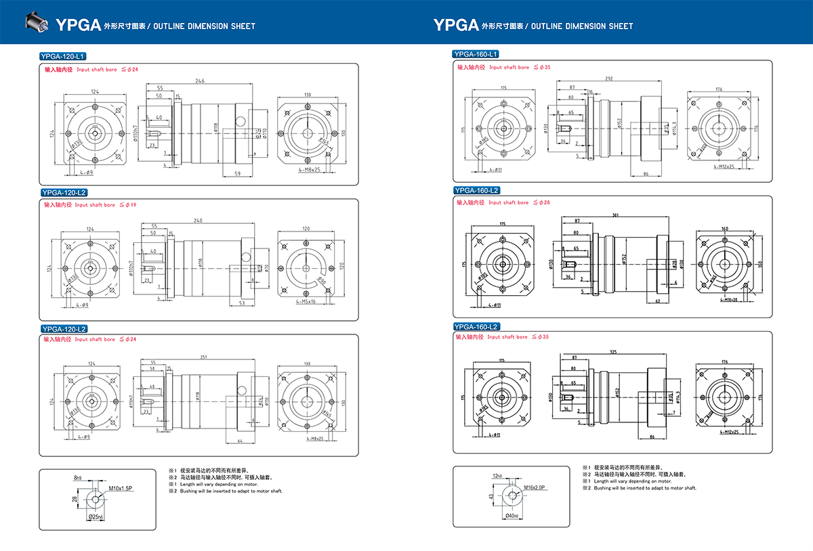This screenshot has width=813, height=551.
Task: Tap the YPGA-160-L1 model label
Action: pos(476,53)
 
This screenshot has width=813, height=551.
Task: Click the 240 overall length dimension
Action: pos(198,220)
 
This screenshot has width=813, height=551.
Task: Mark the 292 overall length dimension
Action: pos(608,79)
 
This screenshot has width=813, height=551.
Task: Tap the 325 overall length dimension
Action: pos(613,352)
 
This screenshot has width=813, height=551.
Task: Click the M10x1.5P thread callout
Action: pos(120,487)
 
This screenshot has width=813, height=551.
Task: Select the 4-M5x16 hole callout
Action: pos(308,301)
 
